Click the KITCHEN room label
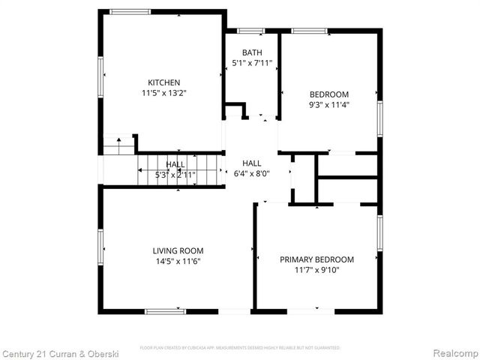pyautogui.click(x=163, y=82)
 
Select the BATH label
pyautogui.click(x=251, y=52)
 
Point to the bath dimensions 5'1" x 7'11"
pyautogui.click(x=251, y=63)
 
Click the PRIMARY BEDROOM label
pyautogui.click(x=316, y=259)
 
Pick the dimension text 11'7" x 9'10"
pyautogui.click(x=316, y=270)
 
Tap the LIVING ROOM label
pyautogui.click(x=178, y=250)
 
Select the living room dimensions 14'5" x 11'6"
pyautogui.click(x=178, y=261)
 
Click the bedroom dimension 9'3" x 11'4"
pyautogui.click(x=329, y=105)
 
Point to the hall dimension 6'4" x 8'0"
pyautogui.click(x=251, y=173)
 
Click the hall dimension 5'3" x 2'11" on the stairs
pyautogui.click(x=175, y=175)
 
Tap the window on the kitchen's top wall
pyautogui.click(x=130, y=12)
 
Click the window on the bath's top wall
pyautogui.click(x=250, y=31)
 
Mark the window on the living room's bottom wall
pyautogui.click(x=165, y=310)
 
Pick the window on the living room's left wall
pyautogui.click(x=100, y=247)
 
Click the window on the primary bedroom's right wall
pyautogui.click(x=380, y=233)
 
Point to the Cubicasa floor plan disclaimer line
pyautogui.click(x=240, y=348)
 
